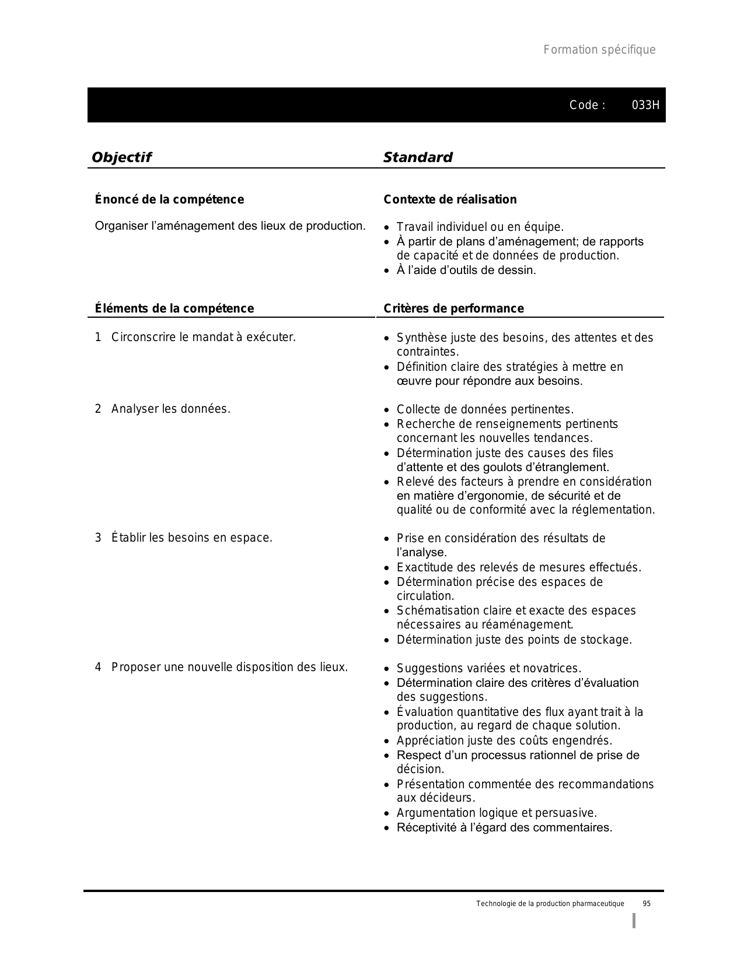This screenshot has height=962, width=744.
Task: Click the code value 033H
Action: click(645, 106)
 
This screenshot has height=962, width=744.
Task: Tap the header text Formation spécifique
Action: click(599, 50)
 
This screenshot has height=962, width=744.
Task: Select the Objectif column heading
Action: click(121, 157)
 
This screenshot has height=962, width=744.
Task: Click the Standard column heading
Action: click(418, 157)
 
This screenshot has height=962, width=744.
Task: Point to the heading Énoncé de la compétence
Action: click(169, 200)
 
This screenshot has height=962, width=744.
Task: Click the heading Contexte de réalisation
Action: click(450, 200)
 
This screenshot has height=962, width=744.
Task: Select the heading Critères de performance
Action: click(453, 309)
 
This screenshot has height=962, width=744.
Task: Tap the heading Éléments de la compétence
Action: click(174, 309)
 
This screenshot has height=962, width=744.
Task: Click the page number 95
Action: click(647, 904)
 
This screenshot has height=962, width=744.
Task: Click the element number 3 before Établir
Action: click(98, 538)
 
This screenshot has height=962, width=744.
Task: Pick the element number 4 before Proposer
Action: click(98, 668)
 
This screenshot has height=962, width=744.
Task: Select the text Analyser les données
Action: click(170, 409)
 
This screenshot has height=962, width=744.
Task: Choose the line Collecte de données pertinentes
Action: click(485, 410)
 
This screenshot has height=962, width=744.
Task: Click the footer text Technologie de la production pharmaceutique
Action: click(550, 904)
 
